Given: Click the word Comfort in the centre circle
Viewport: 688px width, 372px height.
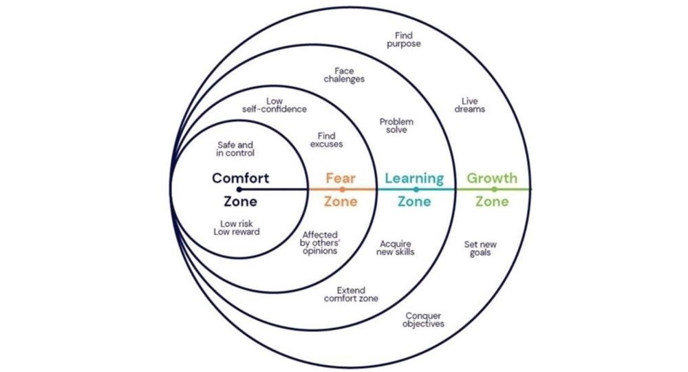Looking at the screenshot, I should pyautogui.click(x=240, y=178).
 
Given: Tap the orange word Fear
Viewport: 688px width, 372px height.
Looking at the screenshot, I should pyautogui.click(x=341, y=178).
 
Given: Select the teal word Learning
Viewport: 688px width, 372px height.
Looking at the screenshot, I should pyautogui.click(x=414, y=178).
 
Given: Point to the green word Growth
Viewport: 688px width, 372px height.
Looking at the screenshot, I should pyautogui.click(x=492, y=178).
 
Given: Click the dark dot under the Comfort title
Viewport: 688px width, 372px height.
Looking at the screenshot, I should pyautogui.click(x=239, y=189).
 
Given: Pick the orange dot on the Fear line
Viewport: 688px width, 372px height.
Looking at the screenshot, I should pyautogui.click(x=342, y=189).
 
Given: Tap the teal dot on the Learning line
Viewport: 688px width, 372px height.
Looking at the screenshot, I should pyautogui.click(x=416, y=189).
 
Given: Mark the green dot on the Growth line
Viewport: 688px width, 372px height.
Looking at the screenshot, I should pyautogui.click(x=494, y=189).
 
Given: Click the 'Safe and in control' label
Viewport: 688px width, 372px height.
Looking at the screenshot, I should pyautogui.click(x=235, y=149).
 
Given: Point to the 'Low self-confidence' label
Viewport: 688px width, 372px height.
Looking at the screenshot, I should pyautogui.click(x=275, y=105).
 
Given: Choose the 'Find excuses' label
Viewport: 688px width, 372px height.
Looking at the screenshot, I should pyautogui.click(x=326, y=141).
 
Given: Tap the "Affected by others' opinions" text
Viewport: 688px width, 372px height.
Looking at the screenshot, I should pyautogui.click(x=320, y=243).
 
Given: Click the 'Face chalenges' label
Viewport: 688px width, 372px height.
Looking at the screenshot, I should pyautogui.click(x=344, y=75).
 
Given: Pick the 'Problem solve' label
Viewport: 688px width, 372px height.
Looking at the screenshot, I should pyautogui.click(x=396, y=125).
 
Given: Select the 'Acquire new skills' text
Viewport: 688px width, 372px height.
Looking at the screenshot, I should pyautogui.click(x=396, y=248).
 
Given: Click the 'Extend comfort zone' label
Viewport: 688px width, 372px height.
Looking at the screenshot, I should pyautogui.click(x=351, y=295).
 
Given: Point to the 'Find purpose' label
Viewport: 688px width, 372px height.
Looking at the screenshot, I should pyautogui.click(x=408, y=39).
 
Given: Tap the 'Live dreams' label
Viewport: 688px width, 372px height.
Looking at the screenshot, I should pyautogui.click(x=470, y=105).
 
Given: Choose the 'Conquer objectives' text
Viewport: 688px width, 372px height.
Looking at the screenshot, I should pyautogui.click(x=423, y=320).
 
